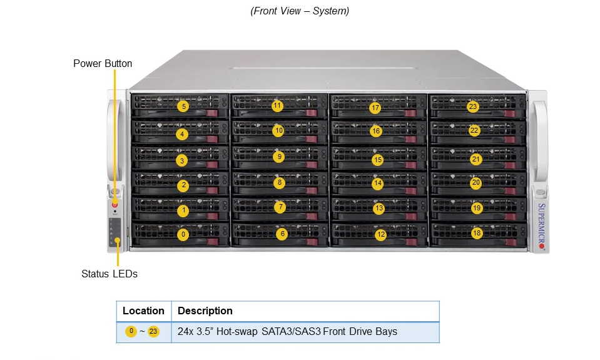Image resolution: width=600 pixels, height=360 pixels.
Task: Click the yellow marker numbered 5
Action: (x=183, y=106)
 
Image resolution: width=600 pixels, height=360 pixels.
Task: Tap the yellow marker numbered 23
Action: (x=473, y=106)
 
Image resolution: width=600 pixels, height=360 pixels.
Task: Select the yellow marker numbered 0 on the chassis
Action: (x=183, y=234)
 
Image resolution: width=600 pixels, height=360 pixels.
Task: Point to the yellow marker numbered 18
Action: (x=476, y=233)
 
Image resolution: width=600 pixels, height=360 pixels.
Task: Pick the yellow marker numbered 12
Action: (x=380, y=234)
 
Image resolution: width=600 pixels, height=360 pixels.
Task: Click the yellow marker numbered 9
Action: (x=279, y=157)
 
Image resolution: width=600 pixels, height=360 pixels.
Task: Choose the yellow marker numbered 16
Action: (x=376, y=131)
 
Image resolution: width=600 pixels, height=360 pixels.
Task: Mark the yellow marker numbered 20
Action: (x=475, y=183)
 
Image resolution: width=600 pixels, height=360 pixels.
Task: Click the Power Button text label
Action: (x=103, y=64)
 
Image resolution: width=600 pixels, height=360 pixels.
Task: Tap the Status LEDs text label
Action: (x=109, y=274)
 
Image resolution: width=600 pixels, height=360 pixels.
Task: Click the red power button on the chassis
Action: (x=114, y=205)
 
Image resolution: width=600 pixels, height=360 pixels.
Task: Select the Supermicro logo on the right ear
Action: (x=541, y=226)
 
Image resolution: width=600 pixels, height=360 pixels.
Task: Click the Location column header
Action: (x=143, y=311)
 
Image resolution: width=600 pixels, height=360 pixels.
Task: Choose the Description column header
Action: (x=205, y=311)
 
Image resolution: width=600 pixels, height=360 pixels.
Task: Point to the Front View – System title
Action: (x=300, y=11)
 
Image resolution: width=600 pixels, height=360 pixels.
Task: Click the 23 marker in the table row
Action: (x=153, y=331)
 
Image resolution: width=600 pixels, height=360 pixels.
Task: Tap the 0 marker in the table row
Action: (x=131, y=331)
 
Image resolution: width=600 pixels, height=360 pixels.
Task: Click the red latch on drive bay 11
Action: (x=311, y=113)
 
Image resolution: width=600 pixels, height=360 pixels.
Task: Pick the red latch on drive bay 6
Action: (x=312, y=242)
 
